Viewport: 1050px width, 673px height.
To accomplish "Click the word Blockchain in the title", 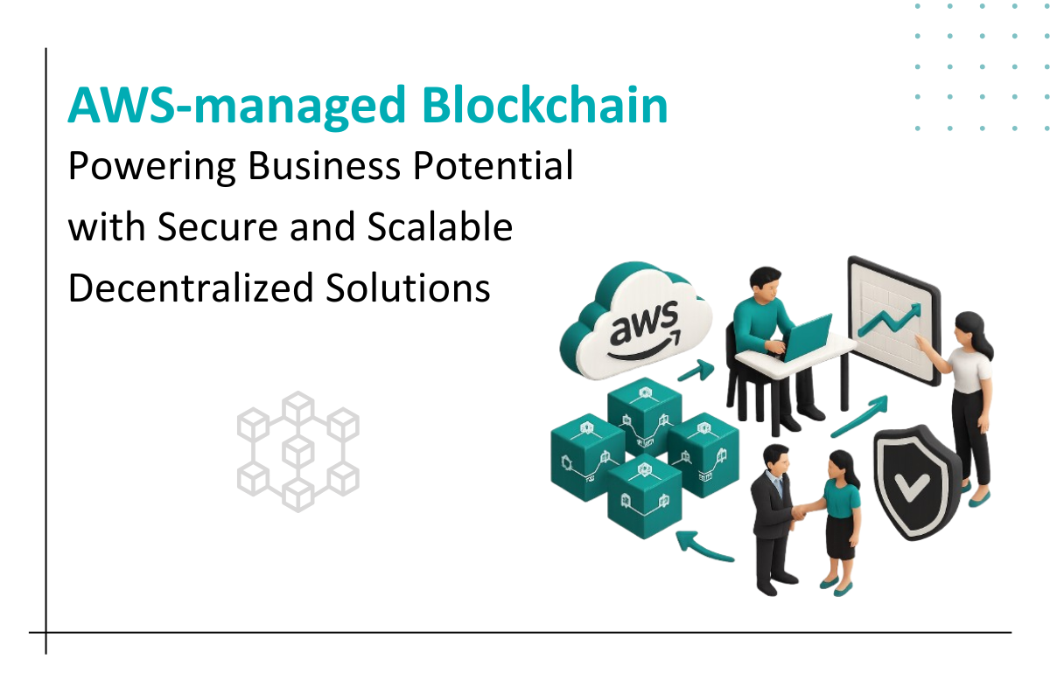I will (x=544, y=107).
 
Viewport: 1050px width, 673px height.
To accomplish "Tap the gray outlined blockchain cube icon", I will (x=297, y=451).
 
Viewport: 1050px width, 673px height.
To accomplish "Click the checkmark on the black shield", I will (x=912, y=481).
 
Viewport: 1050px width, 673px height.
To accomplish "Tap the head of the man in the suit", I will (x=774, y=459).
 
